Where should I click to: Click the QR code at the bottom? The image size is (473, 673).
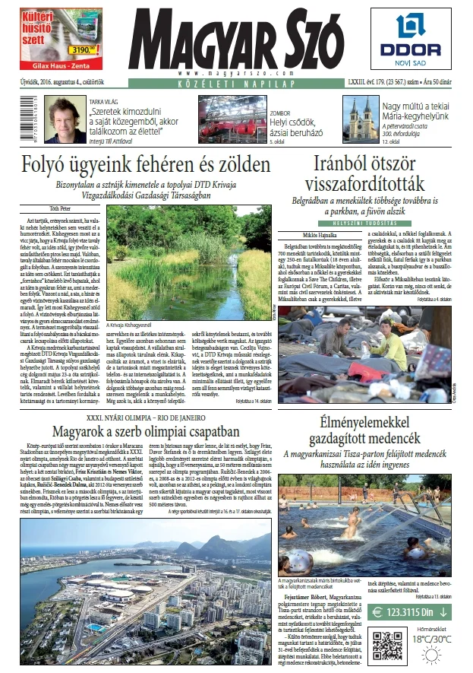tap(388, 645)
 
